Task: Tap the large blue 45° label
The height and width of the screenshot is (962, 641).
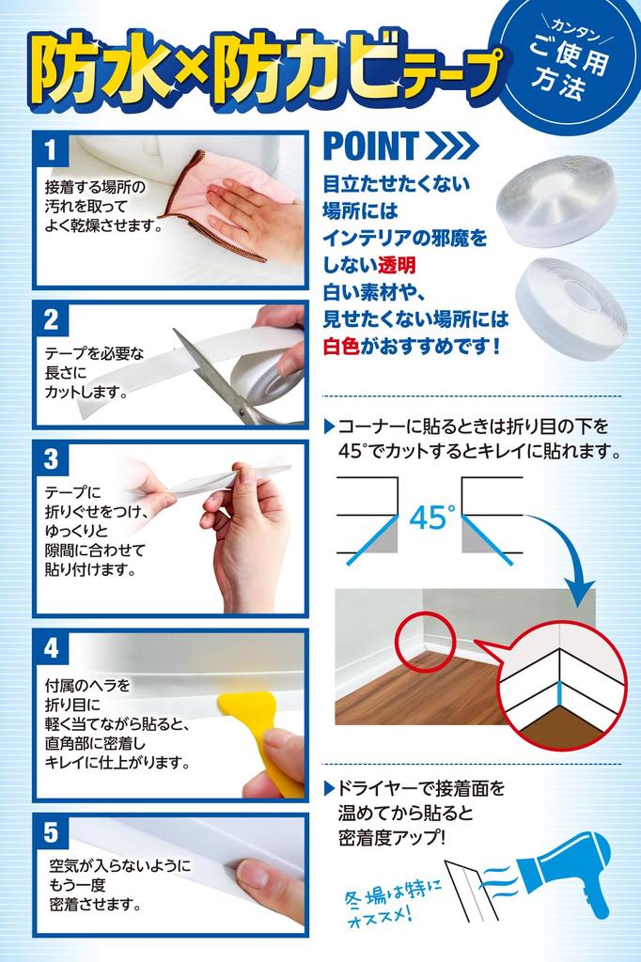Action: coord(431,518)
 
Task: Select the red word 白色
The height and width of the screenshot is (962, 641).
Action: coord(342,346)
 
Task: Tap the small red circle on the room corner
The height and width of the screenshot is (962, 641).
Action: coord(424,642)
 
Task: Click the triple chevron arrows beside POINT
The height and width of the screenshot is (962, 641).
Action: coord(451,146)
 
